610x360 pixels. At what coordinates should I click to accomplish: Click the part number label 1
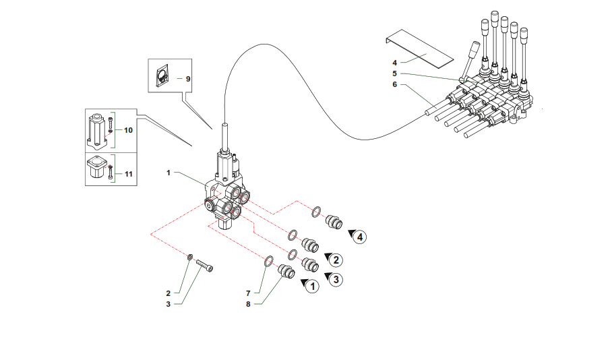[169, 173]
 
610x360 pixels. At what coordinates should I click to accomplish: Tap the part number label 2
[169, 293]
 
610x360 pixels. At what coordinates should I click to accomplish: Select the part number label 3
[169, 304]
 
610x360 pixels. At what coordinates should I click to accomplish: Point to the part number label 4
[394, 62]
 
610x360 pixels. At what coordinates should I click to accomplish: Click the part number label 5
[394, 73]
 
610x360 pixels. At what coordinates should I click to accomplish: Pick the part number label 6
[394, 85]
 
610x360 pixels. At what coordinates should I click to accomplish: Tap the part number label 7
[248, 293]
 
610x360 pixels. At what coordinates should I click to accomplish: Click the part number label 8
[248, 304]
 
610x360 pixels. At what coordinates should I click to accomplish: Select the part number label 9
[188, 79]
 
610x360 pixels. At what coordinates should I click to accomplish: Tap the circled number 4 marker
[361, 237]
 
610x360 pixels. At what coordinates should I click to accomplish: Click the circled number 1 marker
[312, 286]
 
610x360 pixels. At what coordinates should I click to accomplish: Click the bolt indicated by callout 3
[206, 267]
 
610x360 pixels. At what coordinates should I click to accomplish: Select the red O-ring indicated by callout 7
[268, 261]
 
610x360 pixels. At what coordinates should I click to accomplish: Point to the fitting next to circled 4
[334, 222]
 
